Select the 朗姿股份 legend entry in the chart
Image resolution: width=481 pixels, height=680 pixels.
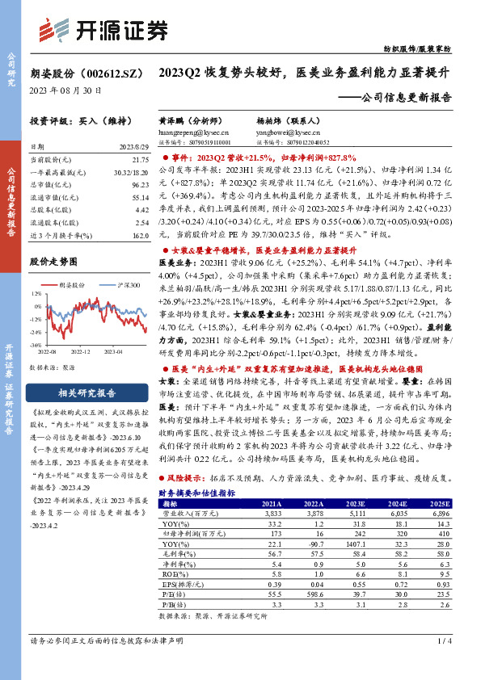tap(72, 285)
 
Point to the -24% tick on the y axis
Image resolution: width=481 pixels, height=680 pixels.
tap(36, 330)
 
